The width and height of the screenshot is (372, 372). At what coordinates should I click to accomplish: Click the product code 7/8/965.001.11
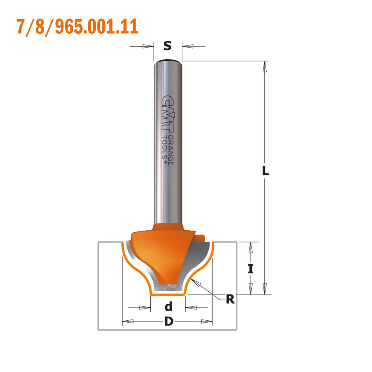[x=77, y=27]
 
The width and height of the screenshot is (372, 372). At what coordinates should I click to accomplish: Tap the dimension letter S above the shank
[x=167, y=46]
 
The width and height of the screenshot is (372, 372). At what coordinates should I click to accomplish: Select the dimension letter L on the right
[x=265, y=171]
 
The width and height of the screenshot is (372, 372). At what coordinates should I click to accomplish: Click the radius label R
[x=230, y=300]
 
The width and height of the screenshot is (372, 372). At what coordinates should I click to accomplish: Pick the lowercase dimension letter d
[x=168, y=306]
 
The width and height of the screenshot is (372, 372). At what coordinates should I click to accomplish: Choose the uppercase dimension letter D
[x=168, y=321]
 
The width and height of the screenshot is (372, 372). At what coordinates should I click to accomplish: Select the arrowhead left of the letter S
[x=148, y=46]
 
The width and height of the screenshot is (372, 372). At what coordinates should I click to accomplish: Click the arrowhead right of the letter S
[x=187, y=47]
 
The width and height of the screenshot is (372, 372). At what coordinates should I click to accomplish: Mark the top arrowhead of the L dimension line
[x=265, y=66]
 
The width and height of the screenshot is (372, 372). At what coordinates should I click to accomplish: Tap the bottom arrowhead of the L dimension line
[x=265, y=289]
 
